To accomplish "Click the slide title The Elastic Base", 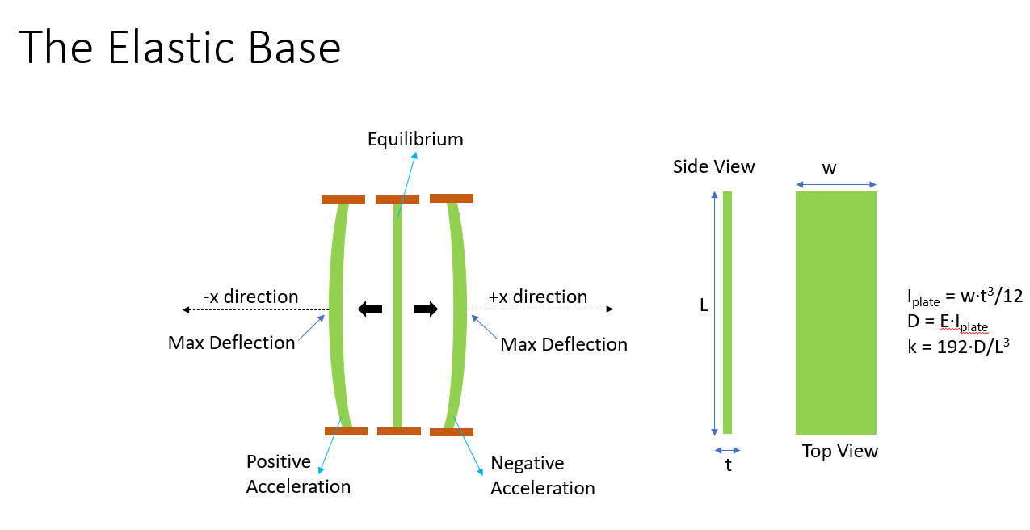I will pyautogui.click(x=179, y=48).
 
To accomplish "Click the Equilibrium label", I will pyautogui.click(x=415, y=139).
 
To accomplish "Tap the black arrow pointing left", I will pyautogui.click(x=370, y=309).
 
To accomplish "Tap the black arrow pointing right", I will pyautogui.click(x=426, y=309).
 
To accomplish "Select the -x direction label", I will pyautogui.click(x=250, y=297).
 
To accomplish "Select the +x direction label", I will pyautogui.click(x=537, y=297).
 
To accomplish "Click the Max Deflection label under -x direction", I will pyautogui.click(x=231, y=343).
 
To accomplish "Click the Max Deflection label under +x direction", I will pyautogui.click(x=564, y=344).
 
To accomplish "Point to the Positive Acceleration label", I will pyautogui.click(x=298, y=474).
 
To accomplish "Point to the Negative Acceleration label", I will pyautogui.click(x=542, y=476).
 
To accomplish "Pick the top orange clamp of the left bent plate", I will pyautogui.click(x=343, y=199).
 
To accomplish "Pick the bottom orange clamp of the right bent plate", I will pyautogui.click(x=451, y=432).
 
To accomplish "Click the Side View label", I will pyautogui.click(x=713, y=167).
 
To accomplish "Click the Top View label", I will pyautogui.click(x=839, y=451).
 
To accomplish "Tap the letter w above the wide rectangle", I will pyautogui.click(x=829, y=168).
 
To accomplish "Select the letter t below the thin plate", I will pyautogui.click(x=728, y=466).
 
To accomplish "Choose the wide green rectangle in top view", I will pyautogui.click(x=835, y=313).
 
